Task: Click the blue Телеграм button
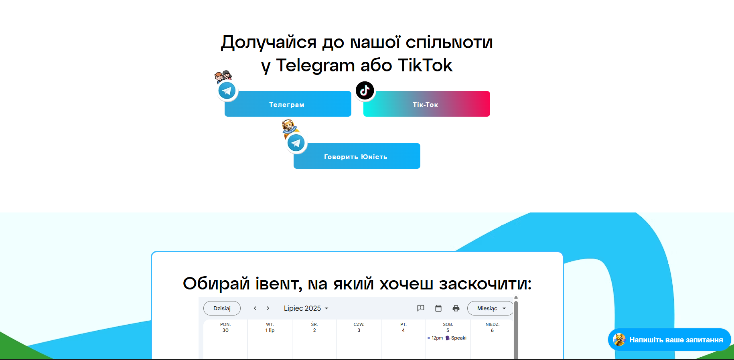click(x=288, y=104)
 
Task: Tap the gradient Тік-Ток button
click(x=427, y=104)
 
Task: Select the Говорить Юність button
click(x=357, y=156)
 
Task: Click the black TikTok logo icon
click(x=365, y=90)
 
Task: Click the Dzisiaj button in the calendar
click(x=222, y=308)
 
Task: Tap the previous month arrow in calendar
click(x=255, y=308)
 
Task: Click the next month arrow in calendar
click(x=268, y=308)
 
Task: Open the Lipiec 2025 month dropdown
click(x=306, y=308)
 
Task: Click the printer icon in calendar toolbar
click(x=456, y=308)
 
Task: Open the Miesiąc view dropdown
click(x=491, y=308)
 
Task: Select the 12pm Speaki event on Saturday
click(x=447, y=338)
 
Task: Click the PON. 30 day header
click(x=225, y=328)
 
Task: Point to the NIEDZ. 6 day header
click(x=492, y=328)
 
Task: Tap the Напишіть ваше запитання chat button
click(x=669, y=340)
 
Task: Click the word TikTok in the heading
click(x=425, y=65)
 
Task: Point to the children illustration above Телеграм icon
click(x=223, y=76)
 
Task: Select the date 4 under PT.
click(x=403, y=330)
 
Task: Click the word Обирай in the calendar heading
click(x=216, y=284)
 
